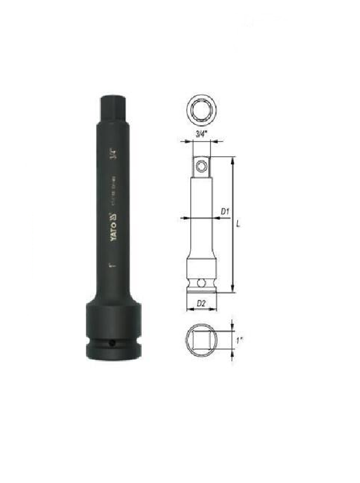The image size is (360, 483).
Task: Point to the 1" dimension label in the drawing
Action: click(x=238, y=341)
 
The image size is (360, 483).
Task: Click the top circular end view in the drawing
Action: click(x=200, y=109)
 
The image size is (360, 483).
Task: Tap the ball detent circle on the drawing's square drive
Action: click(x=201, y=164)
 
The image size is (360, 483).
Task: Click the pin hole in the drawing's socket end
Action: click(x=201, y=283)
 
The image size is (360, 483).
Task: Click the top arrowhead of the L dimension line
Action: click(x=232, y=159)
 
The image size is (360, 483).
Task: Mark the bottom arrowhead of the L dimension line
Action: click(x=232, y=291)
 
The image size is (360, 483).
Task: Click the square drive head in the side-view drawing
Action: click(x=201, y=165)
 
